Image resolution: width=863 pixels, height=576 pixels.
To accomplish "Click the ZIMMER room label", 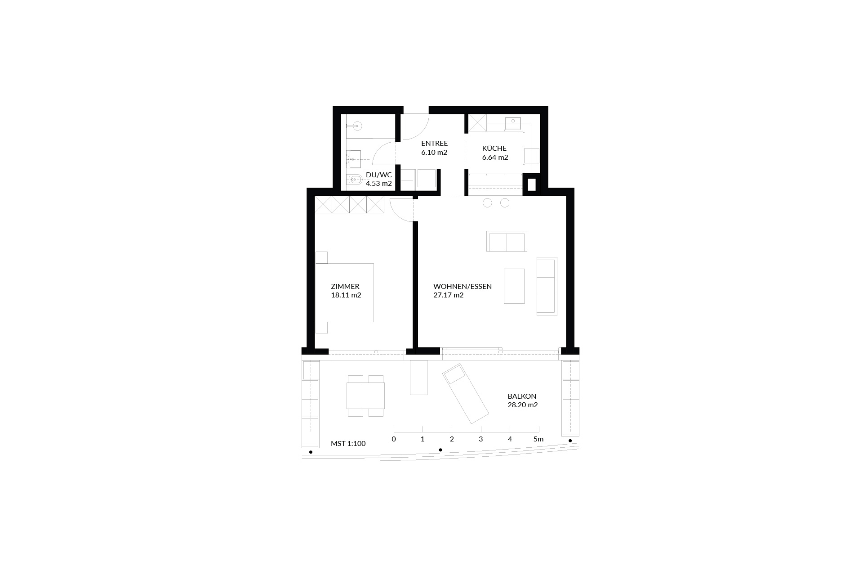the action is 345,286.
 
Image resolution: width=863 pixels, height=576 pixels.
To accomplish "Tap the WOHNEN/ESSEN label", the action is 463,286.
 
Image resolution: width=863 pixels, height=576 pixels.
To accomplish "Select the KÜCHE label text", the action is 494,148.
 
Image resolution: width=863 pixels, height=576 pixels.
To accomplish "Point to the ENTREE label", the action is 435,144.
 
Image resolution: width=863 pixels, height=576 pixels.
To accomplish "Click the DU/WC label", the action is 379,175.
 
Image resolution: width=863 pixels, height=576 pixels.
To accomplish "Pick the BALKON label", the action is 522,396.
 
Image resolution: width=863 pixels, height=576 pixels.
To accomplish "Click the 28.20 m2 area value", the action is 522,405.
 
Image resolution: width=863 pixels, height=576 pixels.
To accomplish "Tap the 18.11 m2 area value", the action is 346,295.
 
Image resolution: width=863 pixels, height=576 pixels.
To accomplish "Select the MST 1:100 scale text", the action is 348,444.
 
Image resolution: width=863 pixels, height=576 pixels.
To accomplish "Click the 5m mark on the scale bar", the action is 538,439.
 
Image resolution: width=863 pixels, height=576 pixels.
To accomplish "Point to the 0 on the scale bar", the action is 394,439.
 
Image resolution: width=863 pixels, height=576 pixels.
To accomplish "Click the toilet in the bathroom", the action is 354,180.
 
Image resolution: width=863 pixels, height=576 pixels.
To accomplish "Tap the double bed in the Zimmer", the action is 344,292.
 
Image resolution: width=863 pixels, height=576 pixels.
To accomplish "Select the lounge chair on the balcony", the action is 465,393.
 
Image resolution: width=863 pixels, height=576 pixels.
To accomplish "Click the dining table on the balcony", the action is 365,396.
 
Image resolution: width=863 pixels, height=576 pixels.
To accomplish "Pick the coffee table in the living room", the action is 514,286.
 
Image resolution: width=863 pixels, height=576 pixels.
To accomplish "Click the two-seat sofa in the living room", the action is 507,242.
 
